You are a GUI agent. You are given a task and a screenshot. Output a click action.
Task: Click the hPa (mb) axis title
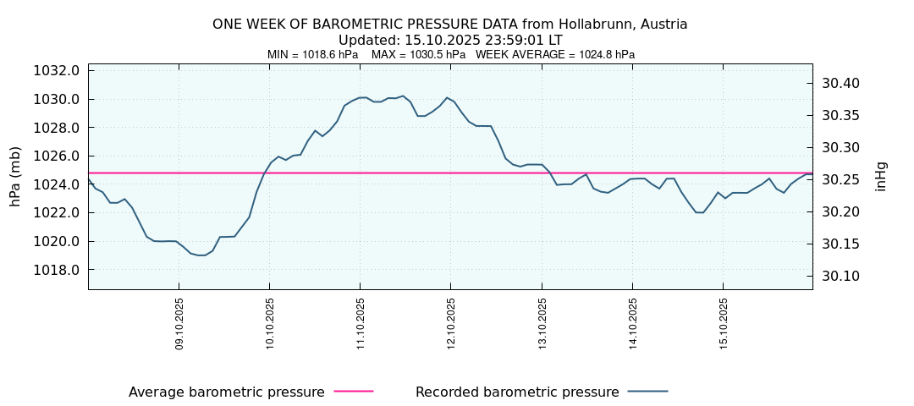pyautogui.click(x=15, y=176)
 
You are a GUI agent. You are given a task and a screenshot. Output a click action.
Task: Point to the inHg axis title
pyautogui.click(x=881, y=176)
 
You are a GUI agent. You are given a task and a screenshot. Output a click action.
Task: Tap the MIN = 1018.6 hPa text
pyautogui.click(x=312, y=55)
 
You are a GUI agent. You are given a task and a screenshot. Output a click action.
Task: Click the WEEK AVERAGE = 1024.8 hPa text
pyautogui.click(x=554, y=55)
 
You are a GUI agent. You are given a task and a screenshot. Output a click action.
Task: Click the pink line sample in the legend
pyautogui.click(x=354, y=392)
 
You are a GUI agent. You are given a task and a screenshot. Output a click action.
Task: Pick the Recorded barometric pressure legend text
pyautogui.click(x=517, y=392)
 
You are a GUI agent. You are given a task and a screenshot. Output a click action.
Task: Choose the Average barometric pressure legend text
pyautogui.click(x=226, y=392)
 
